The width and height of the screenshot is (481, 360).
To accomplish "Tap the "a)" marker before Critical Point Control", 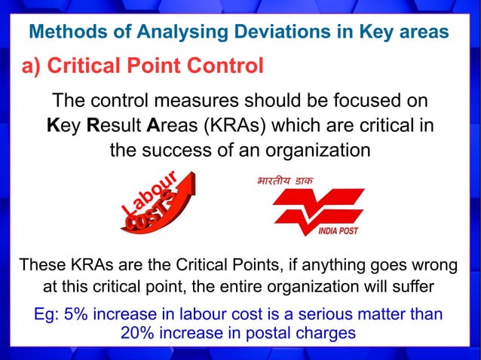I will (31, 66).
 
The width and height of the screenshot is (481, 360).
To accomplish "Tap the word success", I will (185, 149).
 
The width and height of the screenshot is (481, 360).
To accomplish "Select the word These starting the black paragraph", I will (43, 266).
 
